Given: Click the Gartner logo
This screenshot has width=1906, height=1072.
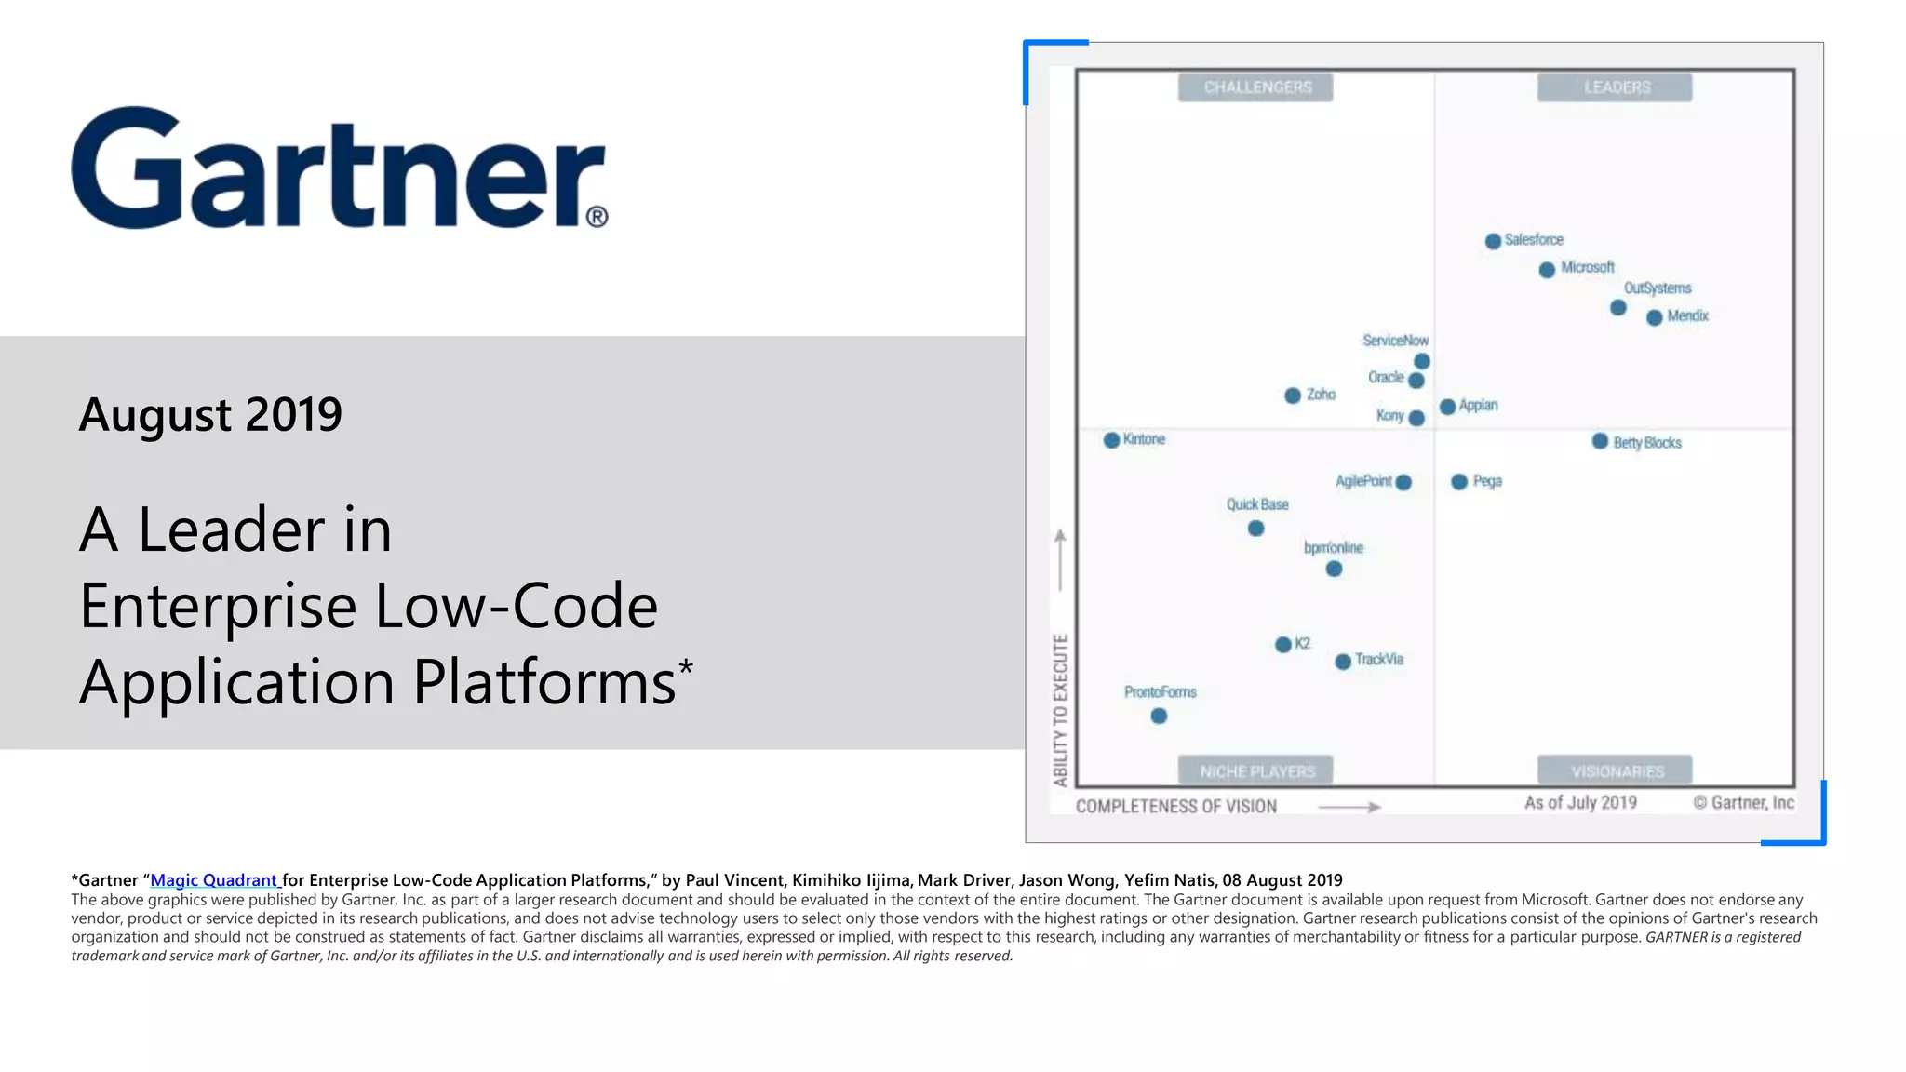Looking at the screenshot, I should pyautogui.click(x=339, y=167).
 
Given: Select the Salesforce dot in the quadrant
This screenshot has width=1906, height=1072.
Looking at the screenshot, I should pyautogui.click(x=1493, y=241).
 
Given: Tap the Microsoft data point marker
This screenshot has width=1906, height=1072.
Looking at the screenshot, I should pyautogui.click(x=1547, y=270).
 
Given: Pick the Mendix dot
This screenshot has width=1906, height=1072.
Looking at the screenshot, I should pyautogui.click(x=1654, y=317).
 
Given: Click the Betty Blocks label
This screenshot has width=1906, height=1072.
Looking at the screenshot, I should pyautogui.click(x=1647, y=443).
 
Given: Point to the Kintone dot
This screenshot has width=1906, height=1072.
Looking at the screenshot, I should pyautogui.click(x=1111, y=440).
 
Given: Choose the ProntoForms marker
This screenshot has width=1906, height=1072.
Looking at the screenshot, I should pyautogui.click(x=1159, y=716).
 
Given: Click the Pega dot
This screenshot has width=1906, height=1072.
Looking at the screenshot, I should pyautogui.click(x=1459, y=481).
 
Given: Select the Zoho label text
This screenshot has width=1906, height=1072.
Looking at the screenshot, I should pyautogui.click(x=1321, y=395).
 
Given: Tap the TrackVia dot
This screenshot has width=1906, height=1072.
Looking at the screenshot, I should pyautogui.click(x=1343, y=662).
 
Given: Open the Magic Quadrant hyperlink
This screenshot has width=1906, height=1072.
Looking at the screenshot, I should pyautogui.click(x=214, y=880).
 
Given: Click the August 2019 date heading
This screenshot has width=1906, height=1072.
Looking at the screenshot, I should pyautogui.click(x=210, y=414).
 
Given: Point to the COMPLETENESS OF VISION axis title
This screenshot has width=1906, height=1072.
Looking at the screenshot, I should pyautogui.click(x=1176, y=807).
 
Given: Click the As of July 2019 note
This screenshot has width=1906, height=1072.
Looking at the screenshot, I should pyautogui.click(x=1580, y=803).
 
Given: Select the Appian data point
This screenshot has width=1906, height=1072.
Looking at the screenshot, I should pyautogui.click(x=1447, y=407).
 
